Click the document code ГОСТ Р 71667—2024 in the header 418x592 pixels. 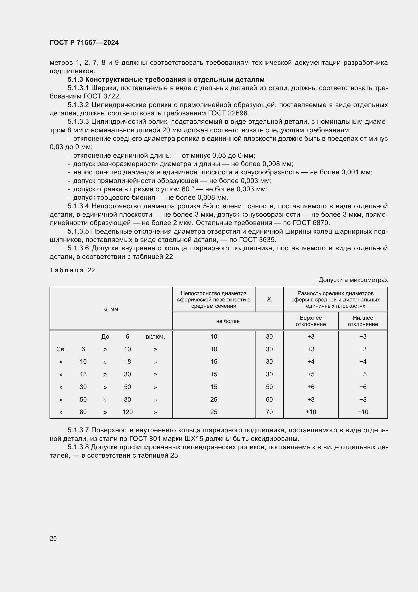click(84, 43)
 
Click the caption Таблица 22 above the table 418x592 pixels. click(72, 270)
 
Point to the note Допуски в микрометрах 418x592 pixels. click(353, 280)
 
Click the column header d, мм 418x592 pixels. click(111, 309)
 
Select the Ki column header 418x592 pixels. click(269, 300)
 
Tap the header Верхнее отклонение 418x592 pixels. click(311, 321)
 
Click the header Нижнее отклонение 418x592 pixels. click(363, 321)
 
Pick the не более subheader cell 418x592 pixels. click(228, 321)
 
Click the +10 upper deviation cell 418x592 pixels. click(311, 412)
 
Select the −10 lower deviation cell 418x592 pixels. click(363, 412)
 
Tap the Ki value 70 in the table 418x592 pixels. click(269, 412)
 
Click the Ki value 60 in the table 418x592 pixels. click(269, 399)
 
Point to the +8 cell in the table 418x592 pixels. click(311, 399)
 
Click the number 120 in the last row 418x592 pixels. click(127, 412)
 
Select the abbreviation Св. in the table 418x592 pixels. click(61, 349)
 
